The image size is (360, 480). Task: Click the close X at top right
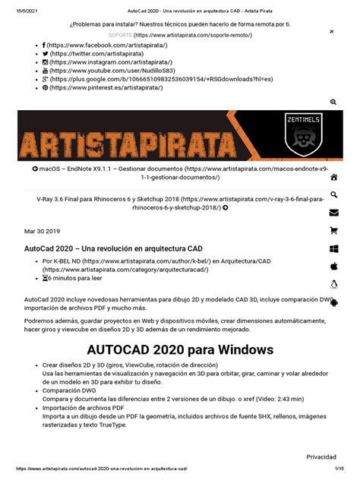tap(331, 32)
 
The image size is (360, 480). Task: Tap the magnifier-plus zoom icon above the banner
tap(333, 102)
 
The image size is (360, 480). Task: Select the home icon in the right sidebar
tap(333, 177)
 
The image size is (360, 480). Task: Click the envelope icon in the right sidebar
tap(333, 213)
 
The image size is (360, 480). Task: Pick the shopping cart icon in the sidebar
tap(333, 231)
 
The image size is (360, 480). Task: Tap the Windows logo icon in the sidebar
tap(333, 248)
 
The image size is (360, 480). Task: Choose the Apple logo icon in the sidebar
tap(333, 266)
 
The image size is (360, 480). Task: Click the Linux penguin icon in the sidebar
tap(333, 283)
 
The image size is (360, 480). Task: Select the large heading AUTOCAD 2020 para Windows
tap(180, 350)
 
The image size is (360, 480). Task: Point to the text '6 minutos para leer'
tap(78, 279)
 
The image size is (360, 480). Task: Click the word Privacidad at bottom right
tap(321, 457)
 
